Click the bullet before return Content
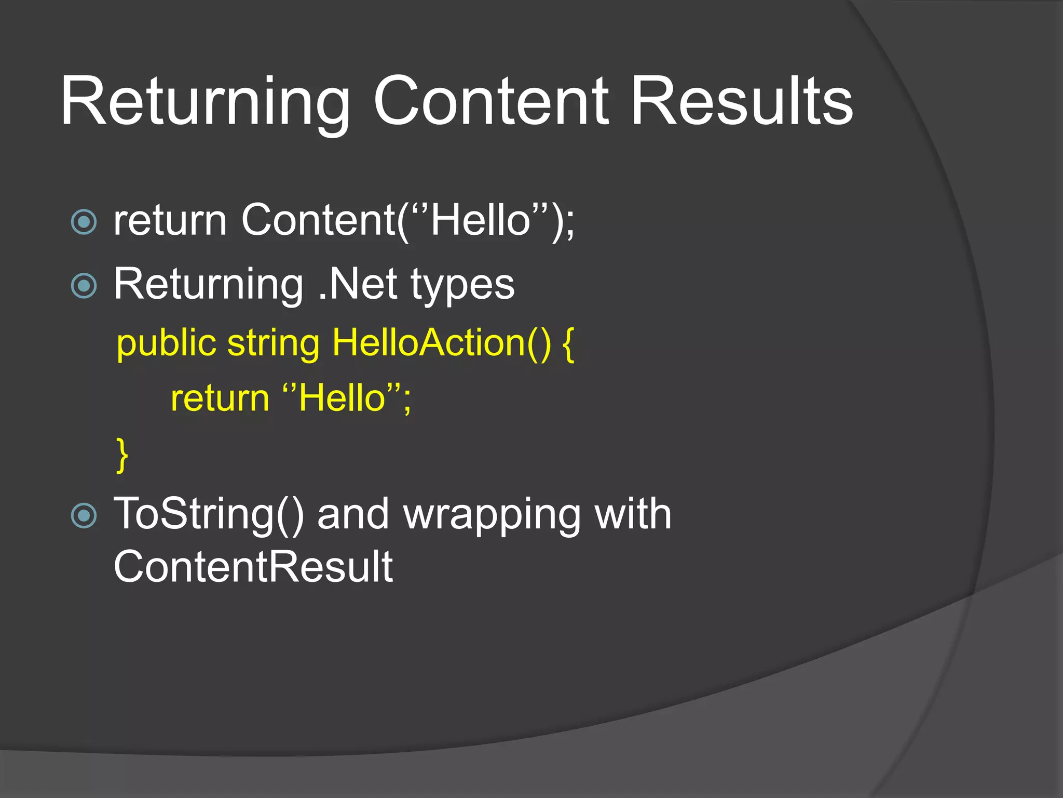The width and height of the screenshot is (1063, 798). [x=84, y=222]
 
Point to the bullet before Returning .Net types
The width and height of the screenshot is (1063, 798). [x=84, y=286]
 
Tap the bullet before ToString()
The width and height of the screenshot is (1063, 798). [x=84, y=516]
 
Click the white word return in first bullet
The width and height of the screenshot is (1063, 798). [x=170, y=221]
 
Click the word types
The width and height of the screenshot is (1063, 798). [x=462, y=286]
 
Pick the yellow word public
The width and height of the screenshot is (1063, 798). [x=166, y=344]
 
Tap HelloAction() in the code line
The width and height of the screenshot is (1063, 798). [x=441, y=343]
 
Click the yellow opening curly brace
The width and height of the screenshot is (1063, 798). [x=568, y=344]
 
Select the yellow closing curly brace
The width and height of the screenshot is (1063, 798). [x=122, y=455]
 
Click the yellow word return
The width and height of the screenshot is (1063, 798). [x=220, y=399]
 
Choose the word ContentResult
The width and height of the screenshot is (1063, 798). [x=253, y=567]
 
